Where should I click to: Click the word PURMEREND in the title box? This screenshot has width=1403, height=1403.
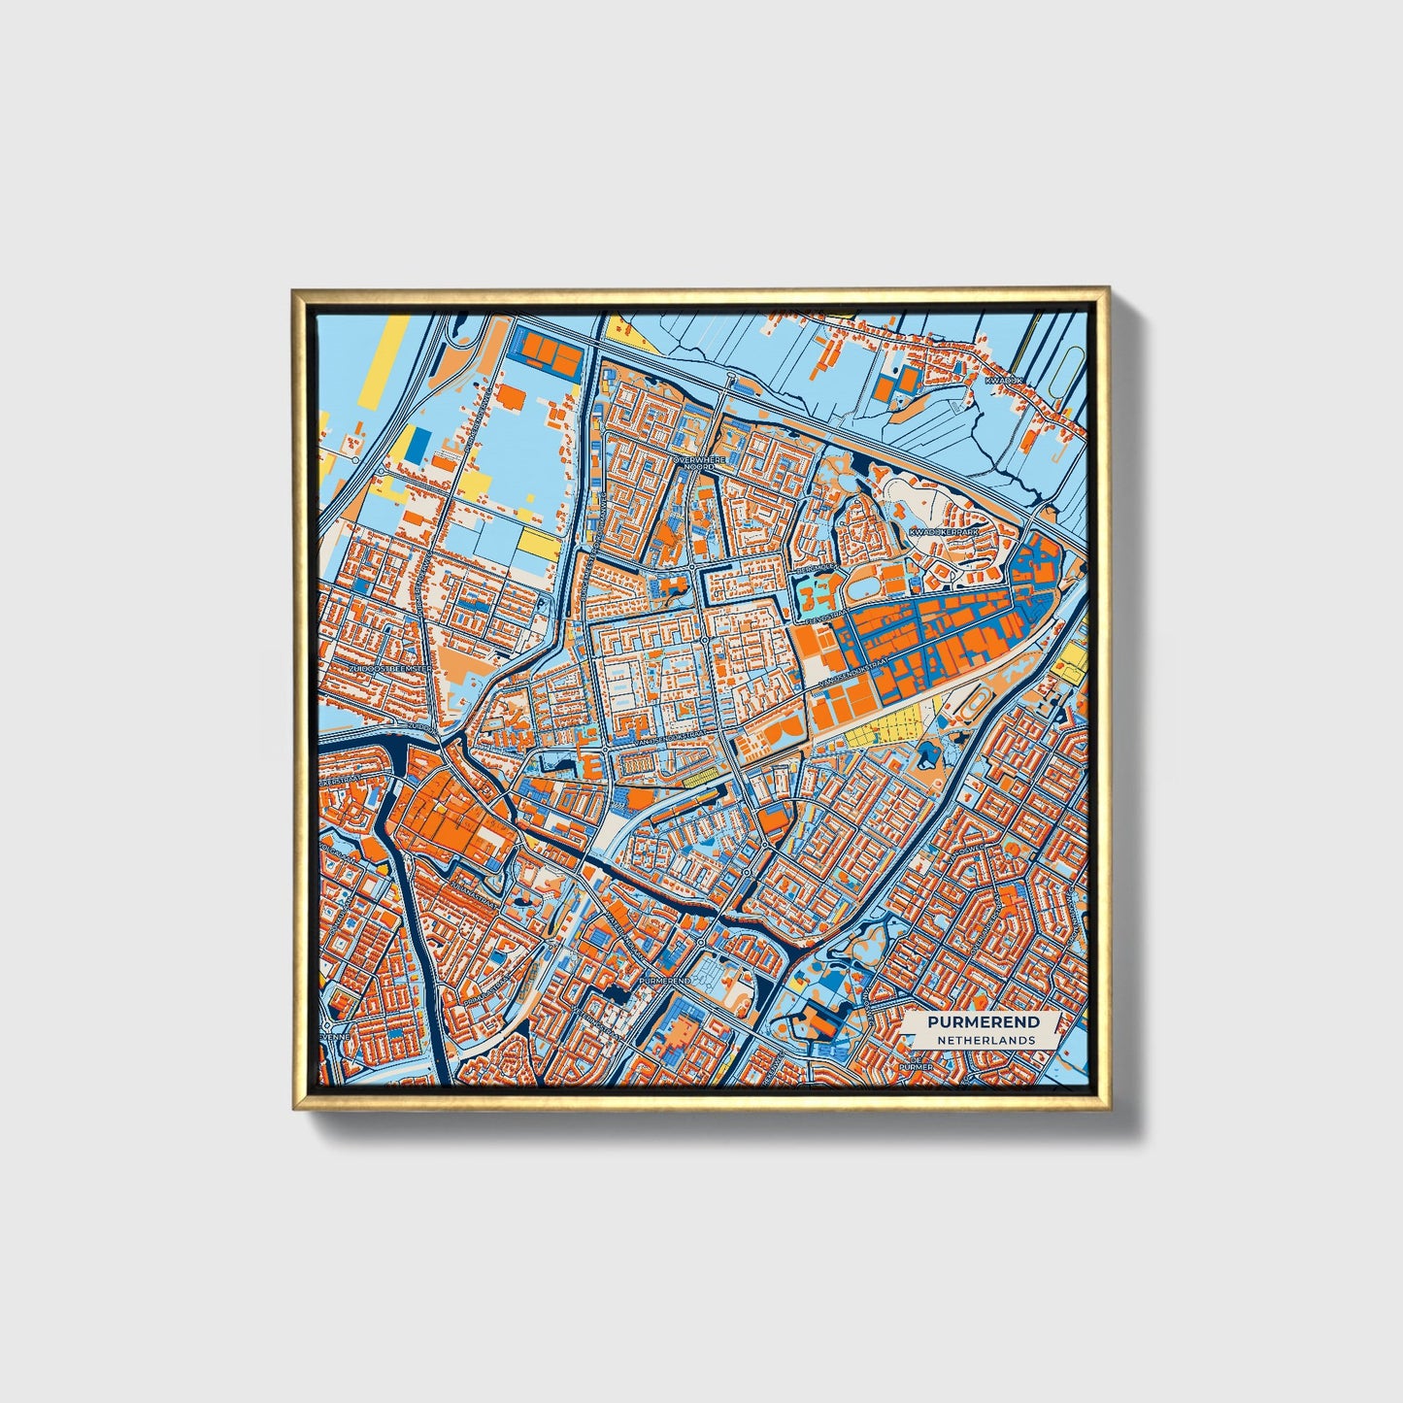click(x=983, y=1021)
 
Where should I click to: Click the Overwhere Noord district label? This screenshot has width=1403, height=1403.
click(x=698, y=461)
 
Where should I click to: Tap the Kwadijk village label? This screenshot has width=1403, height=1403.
click(x=1002, y=381)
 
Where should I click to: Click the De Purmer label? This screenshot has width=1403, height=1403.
click(x=917, y=1066)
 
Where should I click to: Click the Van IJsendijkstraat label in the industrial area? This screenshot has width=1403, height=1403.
click(x=854, y=669)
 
